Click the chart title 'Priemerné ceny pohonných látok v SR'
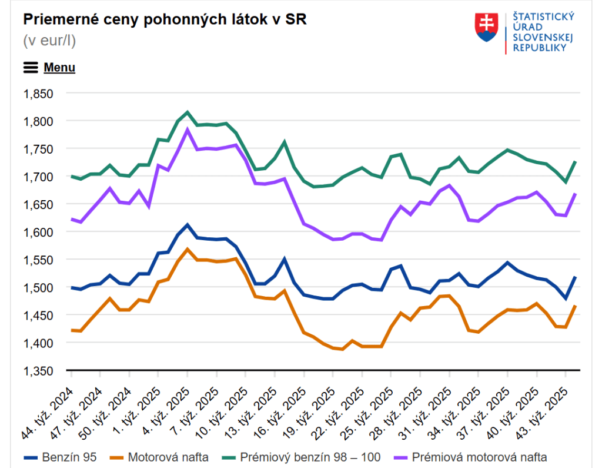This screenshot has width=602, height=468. (165, 19)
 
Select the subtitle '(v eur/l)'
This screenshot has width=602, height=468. (49, 41)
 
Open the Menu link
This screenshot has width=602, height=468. (59, 68)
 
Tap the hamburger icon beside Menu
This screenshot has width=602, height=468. (31, 68)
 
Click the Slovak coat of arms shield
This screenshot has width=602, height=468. (486, 28)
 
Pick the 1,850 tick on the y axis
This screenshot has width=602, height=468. (38, 94)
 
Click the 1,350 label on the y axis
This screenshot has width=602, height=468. (38, 371)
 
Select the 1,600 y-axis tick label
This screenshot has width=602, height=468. (38, 232)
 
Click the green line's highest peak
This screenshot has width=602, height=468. (187, 112)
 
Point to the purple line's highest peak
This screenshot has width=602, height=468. (187, 130)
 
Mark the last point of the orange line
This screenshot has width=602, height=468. (576, 306)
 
